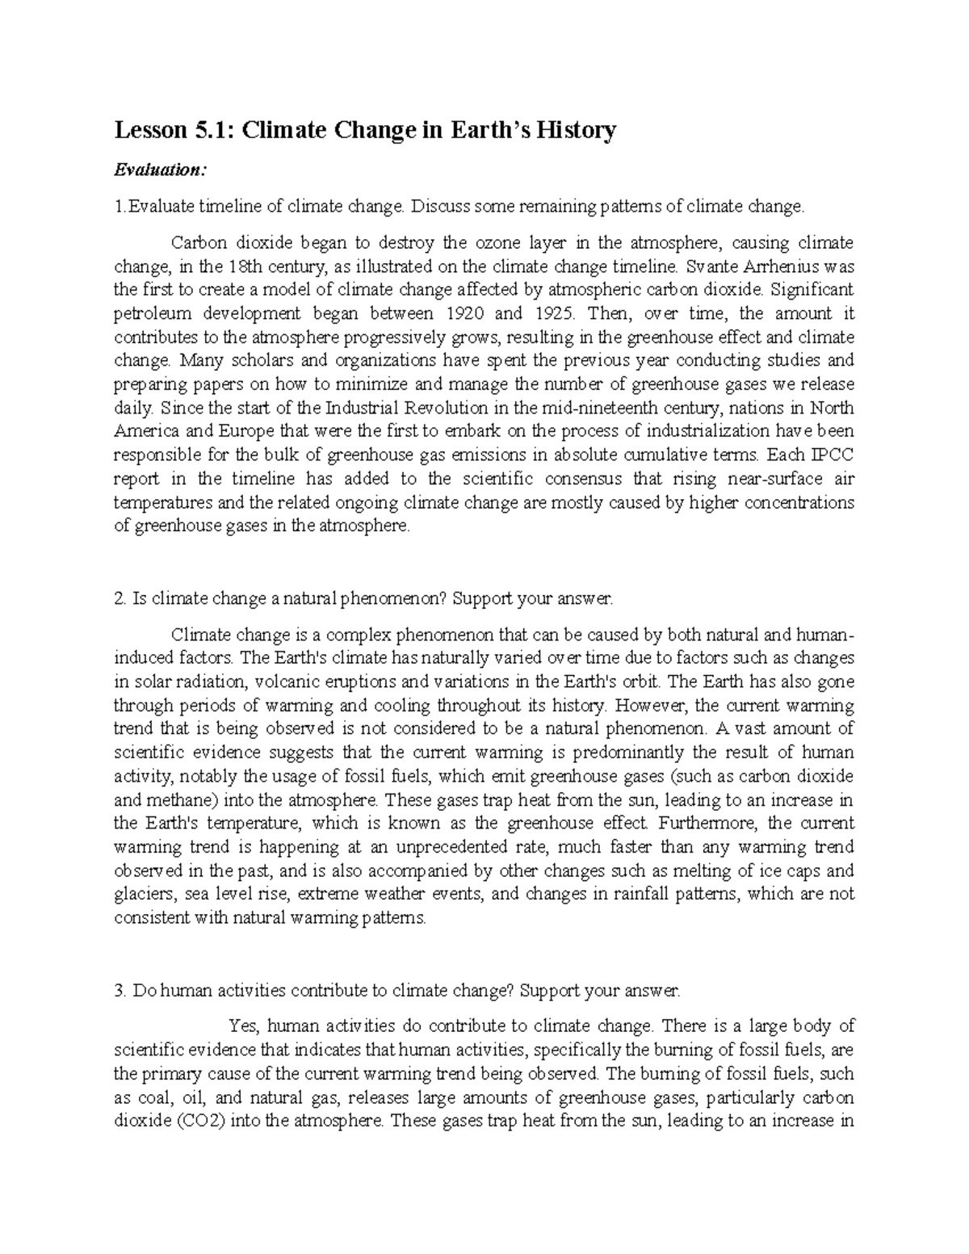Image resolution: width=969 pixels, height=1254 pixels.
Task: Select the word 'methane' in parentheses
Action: click(x=182, y=800)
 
